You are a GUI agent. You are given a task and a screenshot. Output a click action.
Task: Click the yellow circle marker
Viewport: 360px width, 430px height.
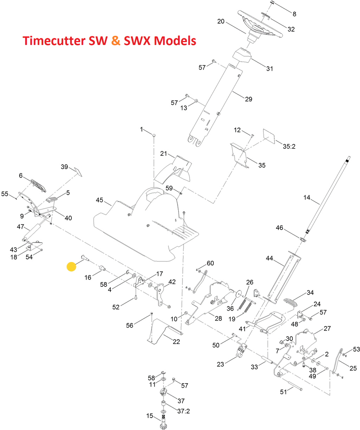click(71, 267)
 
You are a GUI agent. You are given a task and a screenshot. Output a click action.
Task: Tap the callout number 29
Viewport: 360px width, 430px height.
click(249, 99)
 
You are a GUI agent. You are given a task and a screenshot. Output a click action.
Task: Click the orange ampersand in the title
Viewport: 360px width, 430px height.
click(116, 41)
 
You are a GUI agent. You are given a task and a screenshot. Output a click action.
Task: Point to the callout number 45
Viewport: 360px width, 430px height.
click(99, 200)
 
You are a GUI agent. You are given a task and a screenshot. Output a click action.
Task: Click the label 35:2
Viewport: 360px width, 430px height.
click(289, 146)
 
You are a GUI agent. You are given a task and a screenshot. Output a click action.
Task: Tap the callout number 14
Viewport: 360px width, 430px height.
click(307, 198)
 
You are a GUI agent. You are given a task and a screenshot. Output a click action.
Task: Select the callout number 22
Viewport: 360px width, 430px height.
click(176, 341)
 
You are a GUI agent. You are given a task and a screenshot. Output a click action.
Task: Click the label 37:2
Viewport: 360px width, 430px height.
click(183, 411)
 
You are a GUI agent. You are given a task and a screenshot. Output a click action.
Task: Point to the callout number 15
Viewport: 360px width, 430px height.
click(150, 416)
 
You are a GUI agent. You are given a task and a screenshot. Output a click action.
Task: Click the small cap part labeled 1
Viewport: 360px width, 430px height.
click(154, 135)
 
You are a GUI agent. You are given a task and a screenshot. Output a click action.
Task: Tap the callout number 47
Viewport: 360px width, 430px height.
click(20, 227)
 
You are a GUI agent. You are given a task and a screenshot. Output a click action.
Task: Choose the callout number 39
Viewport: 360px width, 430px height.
click(64, 167)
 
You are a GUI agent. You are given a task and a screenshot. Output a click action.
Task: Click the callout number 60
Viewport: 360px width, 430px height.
click(210, 263)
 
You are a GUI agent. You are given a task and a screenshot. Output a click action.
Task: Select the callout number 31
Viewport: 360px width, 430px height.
click(270, 69)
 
